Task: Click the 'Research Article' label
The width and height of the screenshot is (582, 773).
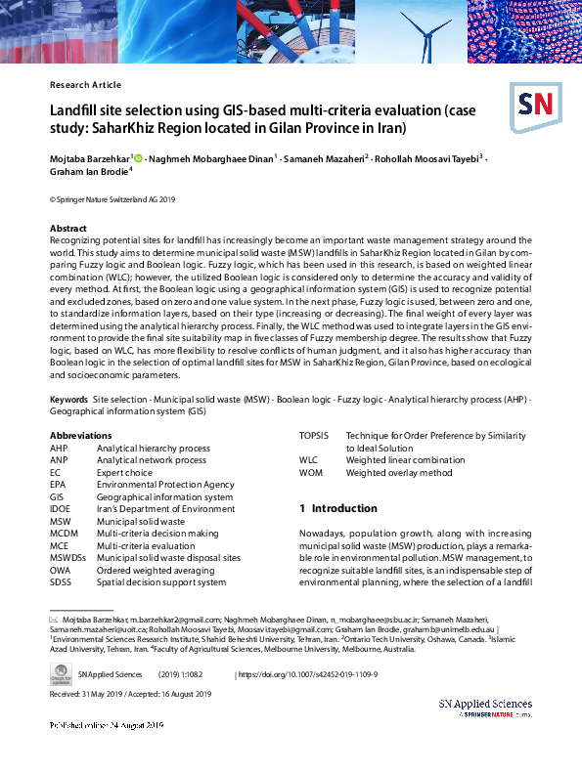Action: pyautogui.click(x=85, y=85)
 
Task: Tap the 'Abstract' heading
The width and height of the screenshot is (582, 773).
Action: pyautogui.click(x=68, y=228)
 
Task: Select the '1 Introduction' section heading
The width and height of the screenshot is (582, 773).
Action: pyautogui.click(x=337, y=508)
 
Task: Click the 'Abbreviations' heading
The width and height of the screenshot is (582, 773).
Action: pyautogui.click(x=80, y=435)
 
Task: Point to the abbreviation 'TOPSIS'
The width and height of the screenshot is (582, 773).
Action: pyautogui.click(x=313, y=435)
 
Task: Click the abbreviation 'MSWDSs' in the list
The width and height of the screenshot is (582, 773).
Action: pyautogui.click(x=67, y=557)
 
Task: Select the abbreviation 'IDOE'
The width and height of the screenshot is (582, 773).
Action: pyautogui.click(x=61, y=508)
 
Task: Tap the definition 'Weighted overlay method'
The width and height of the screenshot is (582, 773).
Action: pyautogui.click(x=398, y=472)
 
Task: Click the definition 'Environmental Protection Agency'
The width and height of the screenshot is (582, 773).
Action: pyautogui.click(x=165, y=484)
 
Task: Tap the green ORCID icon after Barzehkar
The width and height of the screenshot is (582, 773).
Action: pyautogui.click(x=139, y=156)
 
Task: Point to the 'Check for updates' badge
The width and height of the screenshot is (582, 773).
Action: pyautogui.click(x=60, y=675)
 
